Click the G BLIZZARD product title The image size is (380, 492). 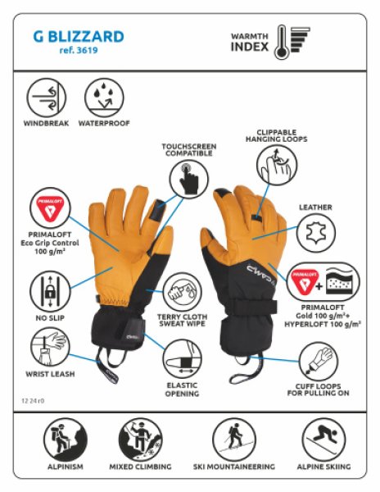79,37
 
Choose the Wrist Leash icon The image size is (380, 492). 46,347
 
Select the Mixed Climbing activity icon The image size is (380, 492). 140,437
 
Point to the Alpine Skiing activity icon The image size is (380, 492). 320,437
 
